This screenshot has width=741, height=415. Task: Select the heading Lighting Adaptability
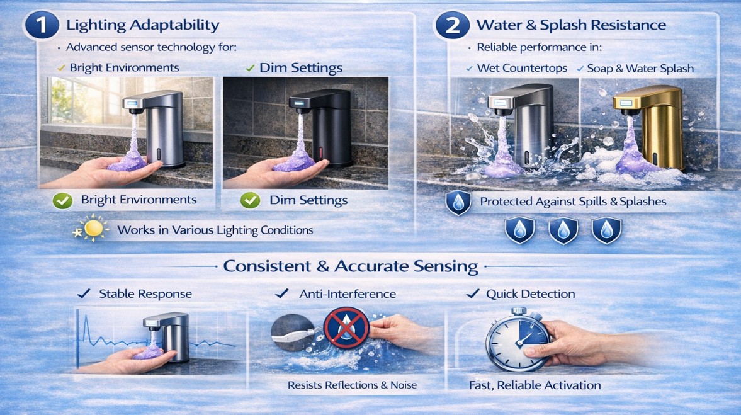coord(143,25)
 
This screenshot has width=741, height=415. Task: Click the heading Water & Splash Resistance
coord(571,25)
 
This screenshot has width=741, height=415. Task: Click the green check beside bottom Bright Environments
coord(61,200)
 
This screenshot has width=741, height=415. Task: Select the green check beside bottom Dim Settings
coord(250,201)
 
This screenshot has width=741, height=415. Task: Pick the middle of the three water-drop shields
coord(563,230)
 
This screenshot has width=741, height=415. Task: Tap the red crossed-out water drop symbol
coord(342,329)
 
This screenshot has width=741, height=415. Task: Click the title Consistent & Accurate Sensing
coord(351,266)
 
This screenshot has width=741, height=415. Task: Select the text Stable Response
coord(145,294)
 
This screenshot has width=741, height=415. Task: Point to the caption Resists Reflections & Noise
coord(352,385)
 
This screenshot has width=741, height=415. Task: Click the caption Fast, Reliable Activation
coord(535,385)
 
